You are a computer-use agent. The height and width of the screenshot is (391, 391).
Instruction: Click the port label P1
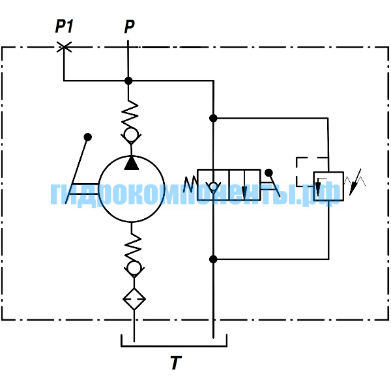(64, 26)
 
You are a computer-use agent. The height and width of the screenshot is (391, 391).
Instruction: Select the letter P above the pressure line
(129, 27)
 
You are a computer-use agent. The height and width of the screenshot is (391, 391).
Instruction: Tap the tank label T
(176, 363)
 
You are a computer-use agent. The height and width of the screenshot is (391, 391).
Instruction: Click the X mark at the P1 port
(64, 47)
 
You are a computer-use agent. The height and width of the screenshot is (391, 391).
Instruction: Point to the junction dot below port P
(128, 81)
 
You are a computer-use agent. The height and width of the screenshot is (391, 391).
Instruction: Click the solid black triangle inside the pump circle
(132, 163)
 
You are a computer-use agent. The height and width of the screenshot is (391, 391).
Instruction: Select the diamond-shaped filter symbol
(134, 299)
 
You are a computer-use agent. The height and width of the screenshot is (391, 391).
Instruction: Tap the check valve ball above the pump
(131, 135)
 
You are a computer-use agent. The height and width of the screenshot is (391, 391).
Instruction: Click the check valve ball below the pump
(134, 268)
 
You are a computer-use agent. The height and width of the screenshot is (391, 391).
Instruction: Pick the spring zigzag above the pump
(130, 114)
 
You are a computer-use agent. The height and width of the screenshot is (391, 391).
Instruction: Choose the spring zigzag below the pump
(133, 248)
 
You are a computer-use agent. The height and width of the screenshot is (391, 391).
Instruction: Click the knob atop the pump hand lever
(88, 137)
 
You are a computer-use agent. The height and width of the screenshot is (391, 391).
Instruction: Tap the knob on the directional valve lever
(268, 173)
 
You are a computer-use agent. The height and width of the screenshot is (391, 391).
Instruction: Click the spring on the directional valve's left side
(190, 184)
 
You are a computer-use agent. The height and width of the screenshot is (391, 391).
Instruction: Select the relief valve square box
(328, 186)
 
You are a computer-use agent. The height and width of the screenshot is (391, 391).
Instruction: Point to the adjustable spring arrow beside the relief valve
(355, 182)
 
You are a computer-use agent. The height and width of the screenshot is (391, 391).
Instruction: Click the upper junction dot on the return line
(213, 118)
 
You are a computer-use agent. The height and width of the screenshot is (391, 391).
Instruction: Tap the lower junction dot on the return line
(213, 259)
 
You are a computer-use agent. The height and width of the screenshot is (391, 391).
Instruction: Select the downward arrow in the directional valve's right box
(244, 185)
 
